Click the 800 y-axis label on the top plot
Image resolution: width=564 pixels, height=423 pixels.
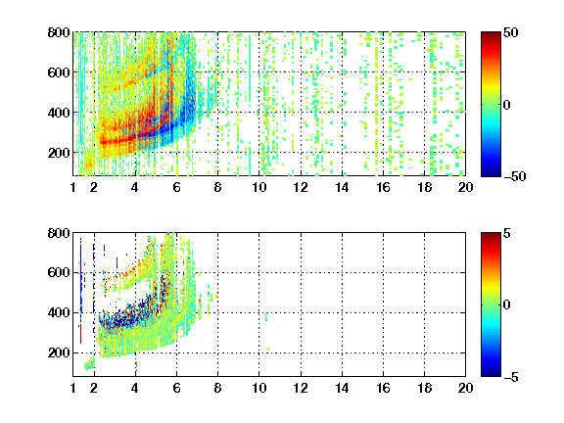tap(59, 32)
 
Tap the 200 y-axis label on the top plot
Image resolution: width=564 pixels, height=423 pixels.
tap(59, 153)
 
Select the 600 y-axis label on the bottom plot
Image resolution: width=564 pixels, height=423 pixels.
tap(59, 272)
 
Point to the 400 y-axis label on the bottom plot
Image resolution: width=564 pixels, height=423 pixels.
tap(59, 312)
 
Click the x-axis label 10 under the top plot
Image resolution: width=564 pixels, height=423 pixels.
tap(258, 187)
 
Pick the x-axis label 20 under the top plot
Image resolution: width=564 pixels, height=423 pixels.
tap(465, 187)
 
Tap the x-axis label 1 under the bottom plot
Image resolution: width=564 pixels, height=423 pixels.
tap(73, 388)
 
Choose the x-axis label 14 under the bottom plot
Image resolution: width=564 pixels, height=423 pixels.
tap(342, 388)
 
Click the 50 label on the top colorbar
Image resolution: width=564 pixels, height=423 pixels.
tap(511, 32)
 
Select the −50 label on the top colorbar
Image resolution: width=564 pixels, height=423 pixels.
tap(515, 176)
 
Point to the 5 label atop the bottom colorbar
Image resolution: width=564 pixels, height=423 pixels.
tap(507, 233)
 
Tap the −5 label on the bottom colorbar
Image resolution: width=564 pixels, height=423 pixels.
tap(511, 377)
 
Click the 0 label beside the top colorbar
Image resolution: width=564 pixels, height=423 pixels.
tap(507, 105)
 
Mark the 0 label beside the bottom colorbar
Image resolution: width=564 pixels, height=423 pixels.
tap(507, 305)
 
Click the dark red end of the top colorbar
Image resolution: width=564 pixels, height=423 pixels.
tap(491, 35)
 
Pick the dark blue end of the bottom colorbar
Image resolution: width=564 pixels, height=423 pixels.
tap(491, 373)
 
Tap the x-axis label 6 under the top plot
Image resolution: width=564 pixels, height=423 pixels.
tap(176, 187)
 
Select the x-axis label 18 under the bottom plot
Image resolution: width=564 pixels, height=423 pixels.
tap(424, 388)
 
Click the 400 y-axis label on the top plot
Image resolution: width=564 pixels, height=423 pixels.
tap(59, 113)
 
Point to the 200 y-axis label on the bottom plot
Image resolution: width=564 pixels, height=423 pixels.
tap(59, 352)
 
